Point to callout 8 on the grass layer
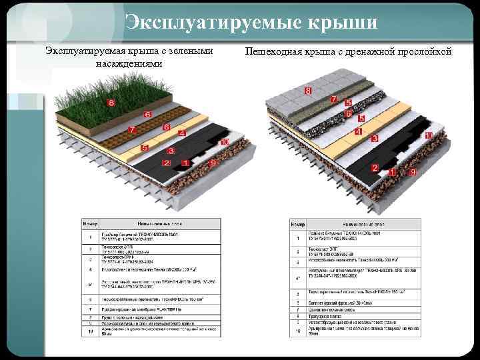click(111, 103)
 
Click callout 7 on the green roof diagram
click(133, 129)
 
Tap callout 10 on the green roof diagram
click(225, 142)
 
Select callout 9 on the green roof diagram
click(213, 163)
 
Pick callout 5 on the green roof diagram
click(145, 147)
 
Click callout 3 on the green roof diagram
click(171, 151)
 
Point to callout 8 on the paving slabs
click(308, 90)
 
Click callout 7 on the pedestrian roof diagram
click(333, 99)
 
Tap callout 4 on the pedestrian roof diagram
click(358, 132)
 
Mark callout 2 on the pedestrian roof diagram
click(375, 167)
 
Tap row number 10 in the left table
click(90, 329)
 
